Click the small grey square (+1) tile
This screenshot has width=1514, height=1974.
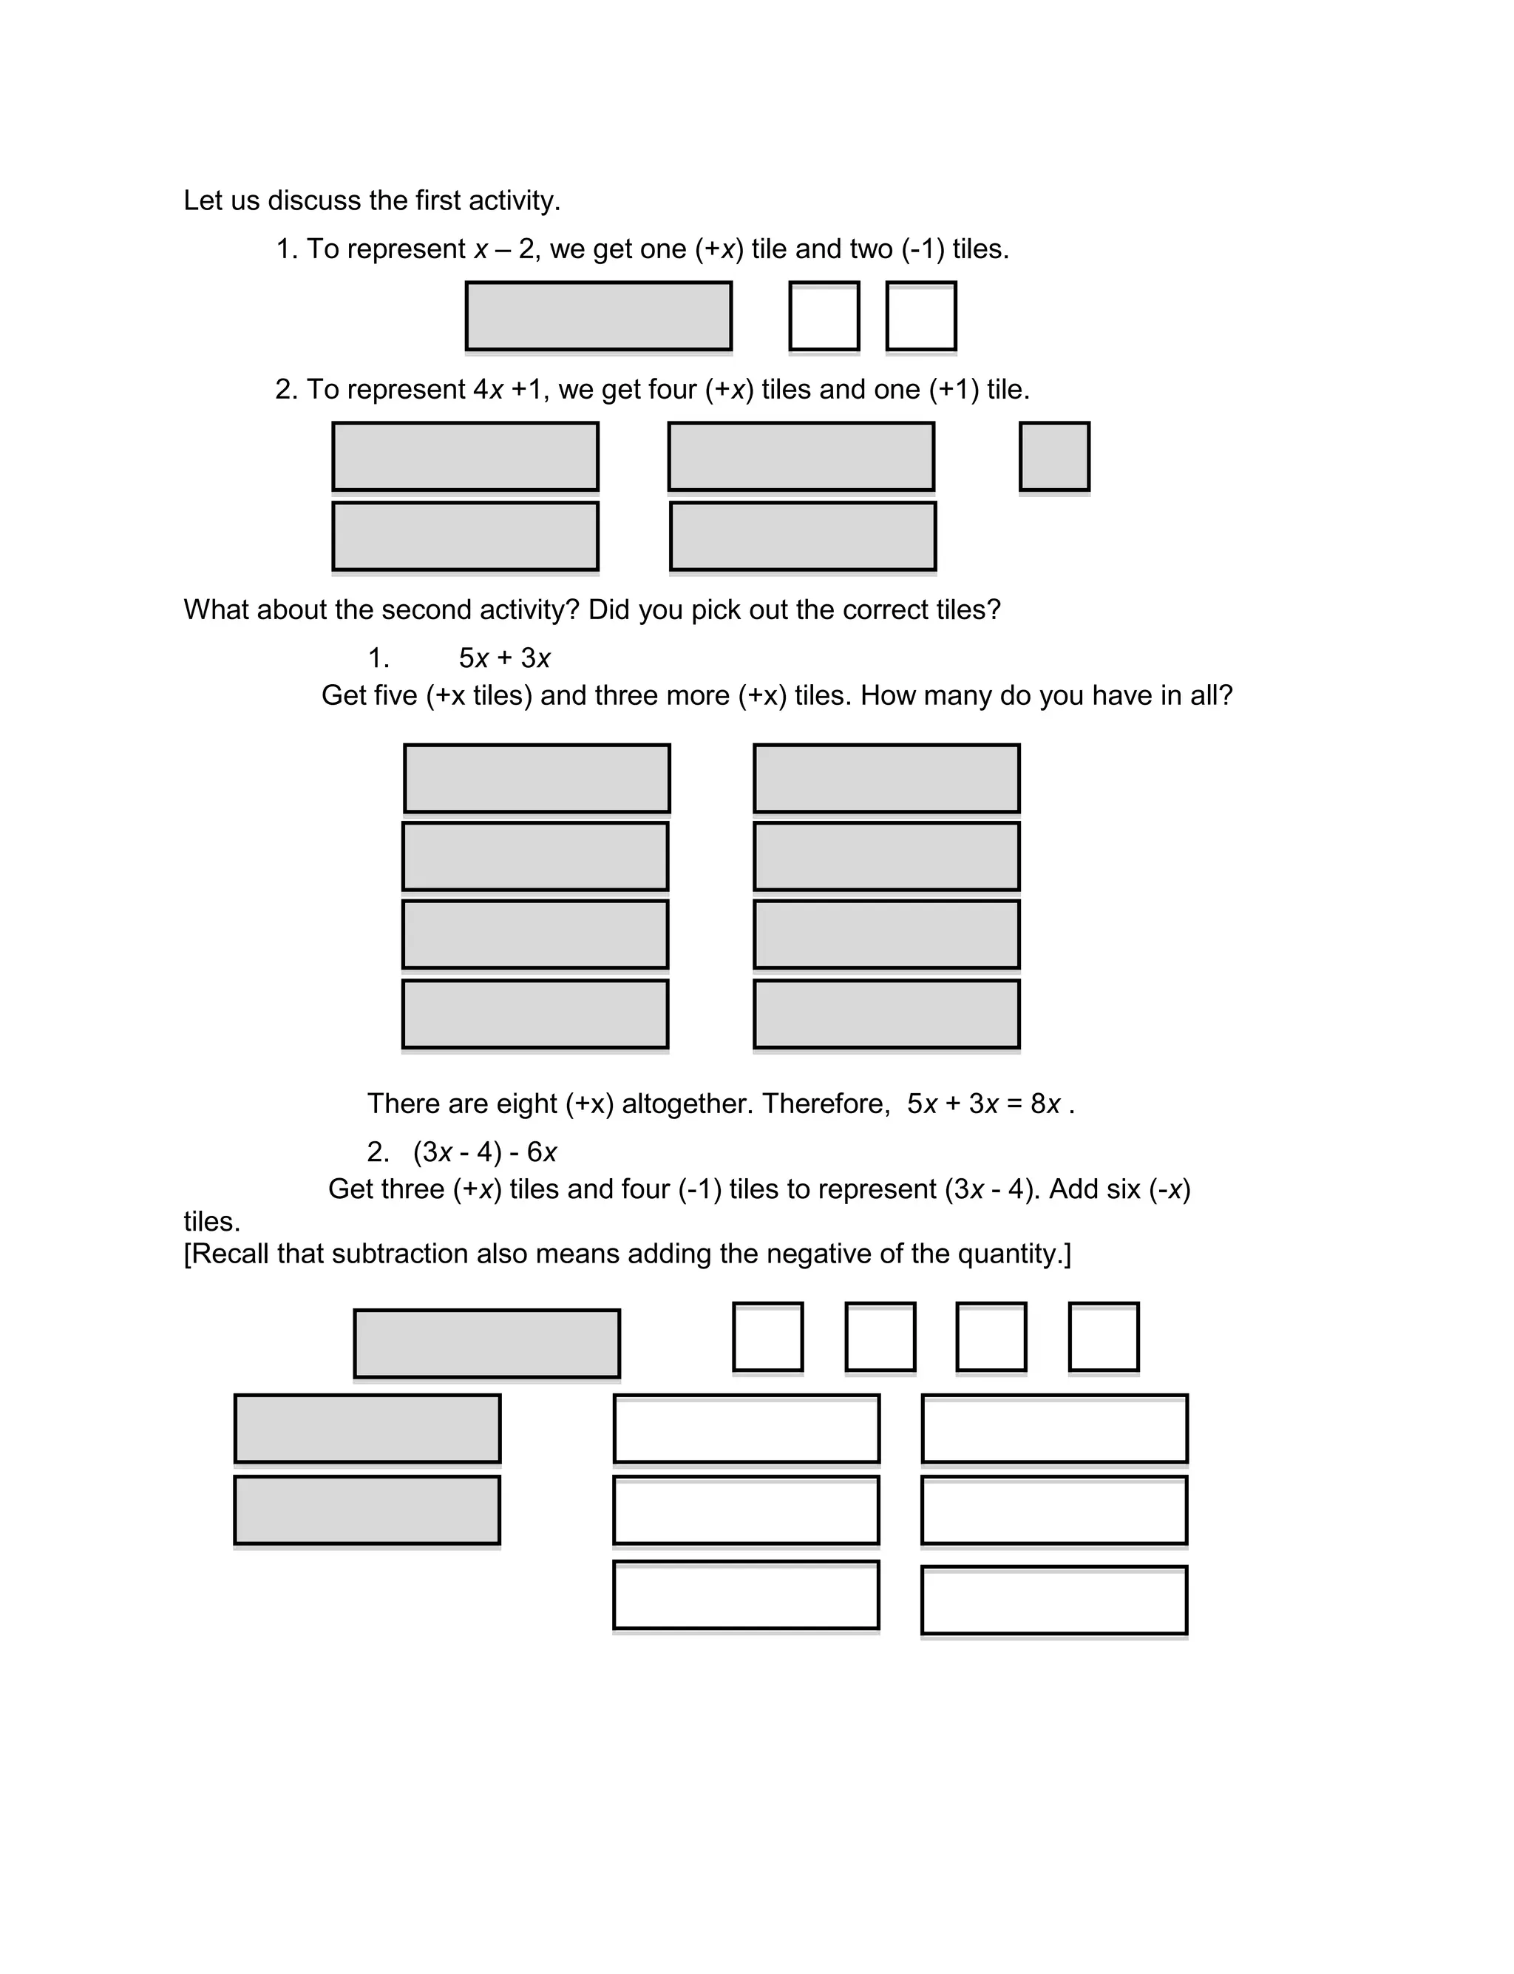point(1053,456)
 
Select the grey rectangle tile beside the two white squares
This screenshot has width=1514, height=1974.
point(598,316)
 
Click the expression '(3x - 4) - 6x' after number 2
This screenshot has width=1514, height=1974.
point(485,1152)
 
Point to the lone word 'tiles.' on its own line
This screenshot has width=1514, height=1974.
point(211,1221)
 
